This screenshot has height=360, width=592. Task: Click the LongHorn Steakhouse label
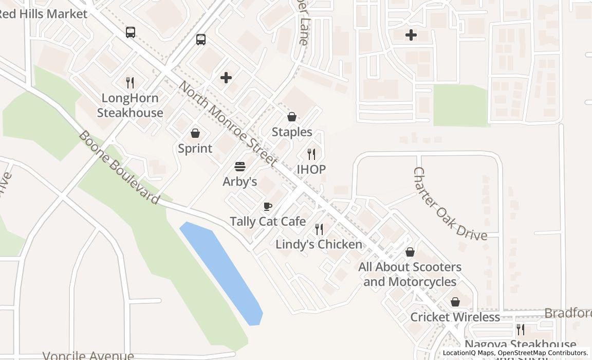130,105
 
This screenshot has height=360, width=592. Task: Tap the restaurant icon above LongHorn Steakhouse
130,82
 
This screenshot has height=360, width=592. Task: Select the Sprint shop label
195,149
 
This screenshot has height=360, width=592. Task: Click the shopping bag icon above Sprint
195,134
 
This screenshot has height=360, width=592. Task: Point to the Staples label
292,132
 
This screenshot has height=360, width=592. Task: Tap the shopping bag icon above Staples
292,117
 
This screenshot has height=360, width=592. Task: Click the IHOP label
311,169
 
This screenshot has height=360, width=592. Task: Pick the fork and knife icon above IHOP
311,154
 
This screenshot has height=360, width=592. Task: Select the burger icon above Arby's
240,167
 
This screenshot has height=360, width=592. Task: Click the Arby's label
239,182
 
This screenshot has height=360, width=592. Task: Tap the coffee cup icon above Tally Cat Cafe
267,207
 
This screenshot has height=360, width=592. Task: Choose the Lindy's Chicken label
319,244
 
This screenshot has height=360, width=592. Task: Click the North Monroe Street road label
228,123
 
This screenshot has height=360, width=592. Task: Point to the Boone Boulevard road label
119,167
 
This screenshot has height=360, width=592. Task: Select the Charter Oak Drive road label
450,204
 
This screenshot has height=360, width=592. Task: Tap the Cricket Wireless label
455,317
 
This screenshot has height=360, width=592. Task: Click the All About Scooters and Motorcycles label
410,274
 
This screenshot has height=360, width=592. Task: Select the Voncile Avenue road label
88,355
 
